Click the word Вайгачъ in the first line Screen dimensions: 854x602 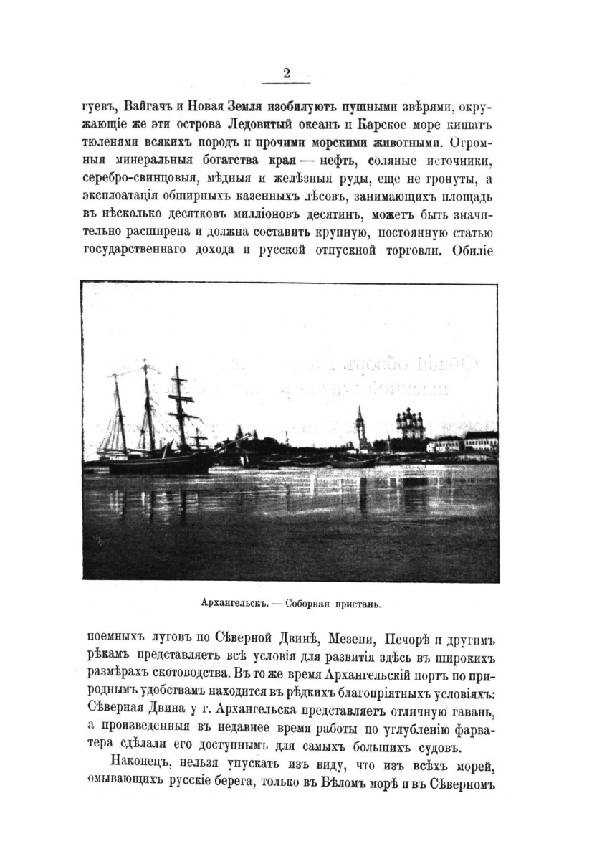coord(150,107)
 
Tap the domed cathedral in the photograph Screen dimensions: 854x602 coord(411,427)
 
